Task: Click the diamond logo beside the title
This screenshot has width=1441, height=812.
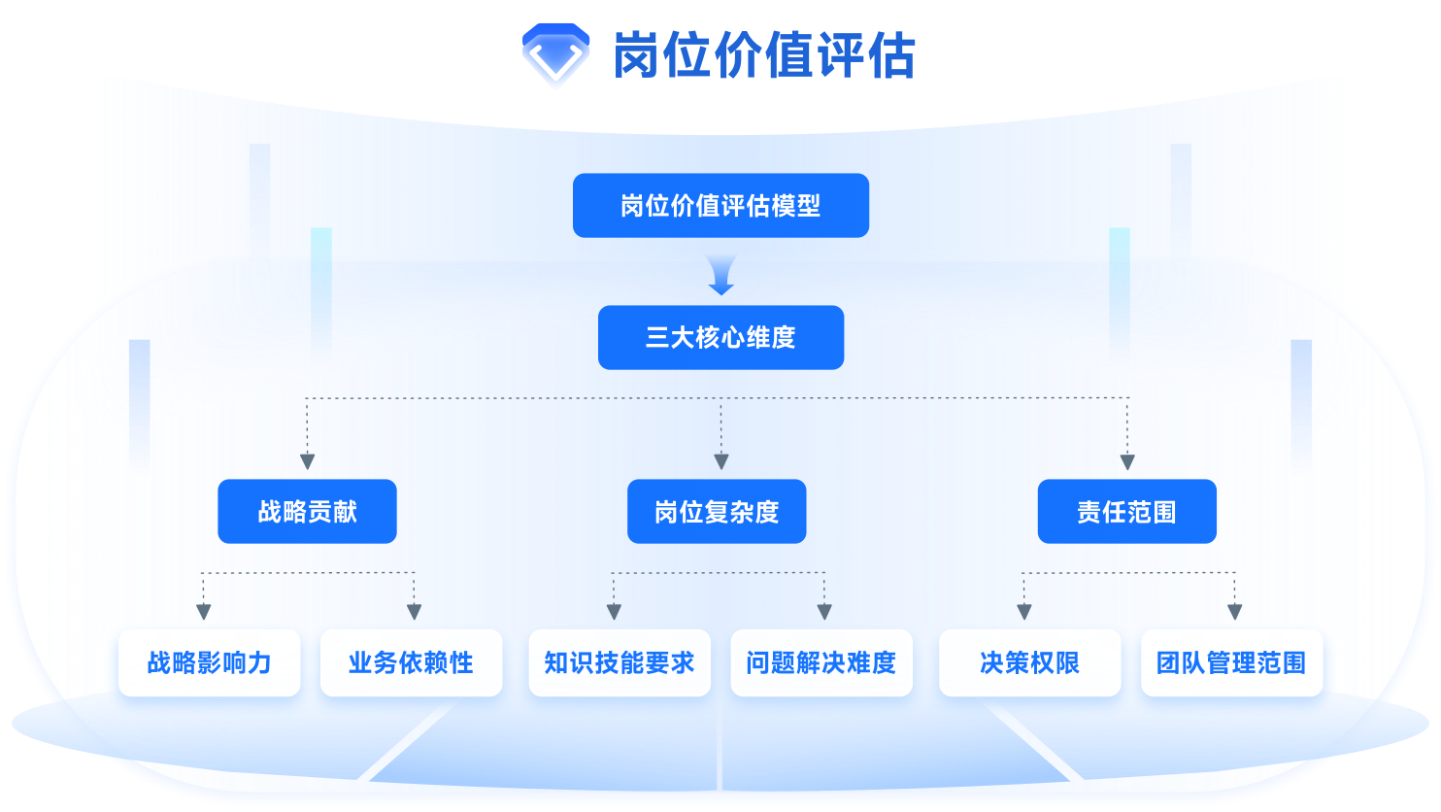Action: (555, 55)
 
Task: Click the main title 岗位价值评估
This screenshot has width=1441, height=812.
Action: (764, 55)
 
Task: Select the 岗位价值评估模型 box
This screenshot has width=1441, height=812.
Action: (720, 206)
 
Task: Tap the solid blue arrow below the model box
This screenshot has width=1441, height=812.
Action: (720, 278)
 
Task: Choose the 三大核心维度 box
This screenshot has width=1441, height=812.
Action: (720, 338)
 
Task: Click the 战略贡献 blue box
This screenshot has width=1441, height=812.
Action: (307, 512)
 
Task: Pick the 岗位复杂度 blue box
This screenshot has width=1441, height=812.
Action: (717, 512)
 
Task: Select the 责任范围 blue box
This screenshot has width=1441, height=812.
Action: (1126, 512)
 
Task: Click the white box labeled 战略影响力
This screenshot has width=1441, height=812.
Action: (209, 663)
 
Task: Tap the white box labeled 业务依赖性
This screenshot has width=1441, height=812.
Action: (411, 663)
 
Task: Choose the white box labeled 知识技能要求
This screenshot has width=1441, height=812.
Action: (620, 663)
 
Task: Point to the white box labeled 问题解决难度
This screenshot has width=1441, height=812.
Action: (821, 663)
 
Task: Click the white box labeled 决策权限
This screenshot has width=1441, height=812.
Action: (1029, 663)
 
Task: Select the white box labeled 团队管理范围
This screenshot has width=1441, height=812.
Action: (1231, 663)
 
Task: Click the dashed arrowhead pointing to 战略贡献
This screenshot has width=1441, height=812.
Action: (308, 461)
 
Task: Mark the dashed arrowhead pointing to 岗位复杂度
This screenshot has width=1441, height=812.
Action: (720, 461)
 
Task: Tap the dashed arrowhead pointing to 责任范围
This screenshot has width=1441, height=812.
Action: (1127, 461)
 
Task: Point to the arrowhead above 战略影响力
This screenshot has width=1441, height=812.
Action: (203, 612)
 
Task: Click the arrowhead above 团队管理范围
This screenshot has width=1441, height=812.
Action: (1234, 612)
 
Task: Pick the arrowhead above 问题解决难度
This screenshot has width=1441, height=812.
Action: (824, 612)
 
